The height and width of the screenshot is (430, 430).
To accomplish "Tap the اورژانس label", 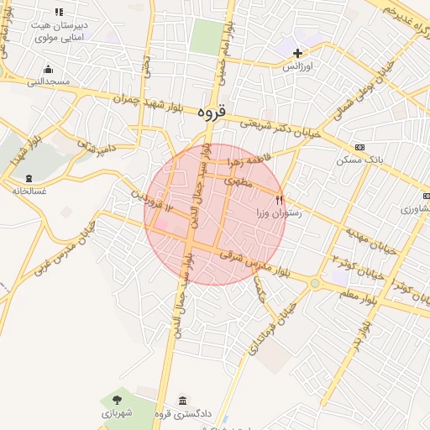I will click(x=297, y=66).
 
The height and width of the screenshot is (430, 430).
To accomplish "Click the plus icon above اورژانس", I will click(x=297, y=52).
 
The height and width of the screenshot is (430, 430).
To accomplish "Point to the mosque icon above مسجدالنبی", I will click(x=48, y=69).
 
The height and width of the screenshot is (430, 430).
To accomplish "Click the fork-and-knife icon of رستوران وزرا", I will click(x=280, y=200).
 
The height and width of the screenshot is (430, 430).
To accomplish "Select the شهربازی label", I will click(x=116, y=413).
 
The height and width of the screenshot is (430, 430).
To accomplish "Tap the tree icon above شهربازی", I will click(x=116, y=400).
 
